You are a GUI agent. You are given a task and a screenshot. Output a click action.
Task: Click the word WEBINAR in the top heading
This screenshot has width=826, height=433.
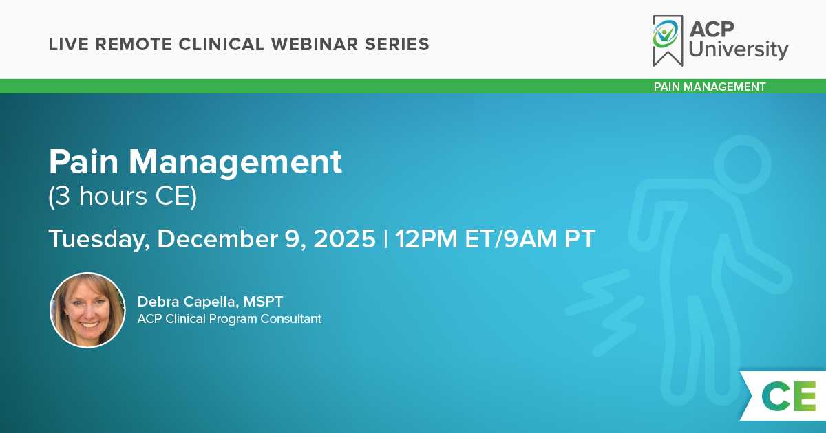(315, 44)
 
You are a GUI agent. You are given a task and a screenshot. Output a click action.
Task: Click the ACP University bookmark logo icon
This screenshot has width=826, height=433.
(668, 41)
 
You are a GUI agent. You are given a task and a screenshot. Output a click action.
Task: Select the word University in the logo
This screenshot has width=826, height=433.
(738, 50)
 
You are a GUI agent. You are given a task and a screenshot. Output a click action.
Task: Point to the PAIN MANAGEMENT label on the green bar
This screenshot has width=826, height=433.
(710, 87)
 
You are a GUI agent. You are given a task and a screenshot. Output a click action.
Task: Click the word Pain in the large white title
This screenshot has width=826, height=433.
(84, 162)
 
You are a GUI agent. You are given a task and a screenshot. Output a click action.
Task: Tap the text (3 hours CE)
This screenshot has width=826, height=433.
(123, 197)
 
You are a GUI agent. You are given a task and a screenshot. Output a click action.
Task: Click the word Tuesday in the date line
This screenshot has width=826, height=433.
(99, 239)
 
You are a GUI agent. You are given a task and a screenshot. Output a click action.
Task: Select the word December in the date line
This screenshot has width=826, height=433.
(218, 238)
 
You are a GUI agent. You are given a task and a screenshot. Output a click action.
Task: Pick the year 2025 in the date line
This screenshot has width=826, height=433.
(344, 238)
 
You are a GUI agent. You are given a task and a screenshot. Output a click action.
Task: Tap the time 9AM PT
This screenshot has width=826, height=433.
(549, 239)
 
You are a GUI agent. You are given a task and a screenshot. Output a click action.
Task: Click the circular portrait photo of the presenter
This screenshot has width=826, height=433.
(88, 310)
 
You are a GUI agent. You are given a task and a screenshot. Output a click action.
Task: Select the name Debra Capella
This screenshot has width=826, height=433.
(187, 302)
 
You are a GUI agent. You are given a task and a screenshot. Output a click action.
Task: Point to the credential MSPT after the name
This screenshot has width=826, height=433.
(263, 302)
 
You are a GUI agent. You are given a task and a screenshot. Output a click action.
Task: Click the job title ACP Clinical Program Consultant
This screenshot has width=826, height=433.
(229, 319)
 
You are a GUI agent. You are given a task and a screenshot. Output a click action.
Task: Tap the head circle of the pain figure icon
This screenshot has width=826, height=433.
(742, 164)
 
